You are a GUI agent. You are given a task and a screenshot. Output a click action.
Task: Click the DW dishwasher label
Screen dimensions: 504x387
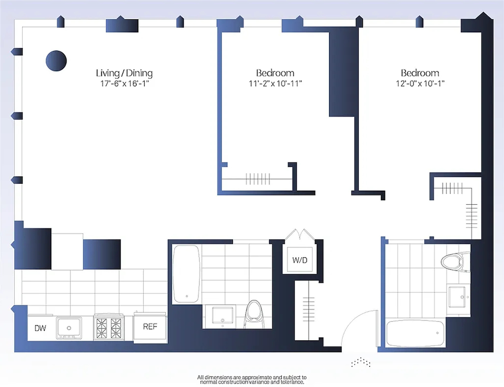(x=40, y=328)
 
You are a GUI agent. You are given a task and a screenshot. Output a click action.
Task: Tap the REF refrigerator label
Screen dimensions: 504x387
(x=150, y=326)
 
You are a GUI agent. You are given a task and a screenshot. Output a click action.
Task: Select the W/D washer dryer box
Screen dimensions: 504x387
(x=300, y=259)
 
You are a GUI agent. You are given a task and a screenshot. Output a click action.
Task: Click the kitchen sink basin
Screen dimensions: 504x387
(x=69, y=328)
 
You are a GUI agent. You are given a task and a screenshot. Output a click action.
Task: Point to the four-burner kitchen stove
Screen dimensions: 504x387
(x=109, y=327)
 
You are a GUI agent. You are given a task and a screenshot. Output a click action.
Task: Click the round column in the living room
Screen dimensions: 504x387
(x=56, y=61)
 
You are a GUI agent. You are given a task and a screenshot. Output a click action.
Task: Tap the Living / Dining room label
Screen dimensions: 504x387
(x=125, y=73)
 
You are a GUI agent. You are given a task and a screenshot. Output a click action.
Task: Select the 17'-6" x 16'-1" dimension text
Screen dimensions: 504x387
(x=125, y=84)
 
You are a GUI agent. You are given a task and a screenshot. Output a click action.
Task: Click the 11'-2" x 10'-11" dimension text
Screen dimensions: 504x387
(x=275, y=84)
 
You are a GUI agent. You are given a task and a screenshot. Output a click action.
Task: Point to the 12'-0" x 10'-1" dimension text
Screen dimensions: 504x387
(x=420, y=84)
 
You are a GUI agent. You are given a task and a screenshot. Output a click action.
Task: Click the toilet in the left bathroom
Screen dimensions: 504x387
(x=254, y=314)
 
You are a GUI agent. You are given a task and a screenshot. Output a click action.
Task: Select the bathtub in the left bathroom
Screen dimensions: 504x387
(x=186, y=274)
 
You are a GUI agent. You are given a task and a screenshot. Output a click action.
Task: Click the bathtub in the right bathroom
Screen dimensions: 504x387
(x=415, y=333)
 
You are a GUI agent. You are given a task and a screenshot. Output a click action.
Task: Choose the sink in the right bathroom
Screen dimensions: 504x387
(x=459, y=296)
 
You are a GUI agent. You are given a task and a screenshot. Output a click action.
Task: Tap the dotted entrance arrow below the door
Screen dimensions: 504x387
(x=361, y=362)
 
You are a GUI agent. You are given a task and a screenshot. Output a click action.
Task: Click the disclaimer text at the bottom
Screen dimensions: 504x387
(x=252, y=380)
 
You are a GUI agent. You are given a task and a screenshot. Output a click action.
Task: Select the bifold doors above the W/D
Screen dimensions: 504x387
(x=300, y=234)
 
